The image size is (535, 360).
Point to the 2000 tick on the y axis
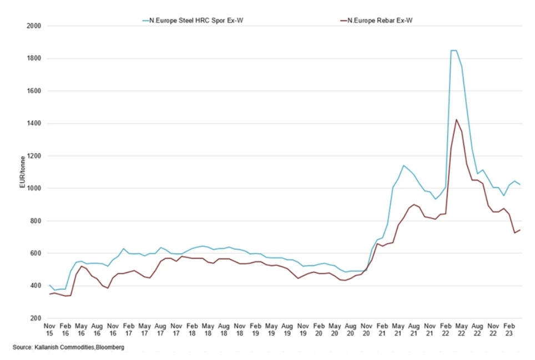34,26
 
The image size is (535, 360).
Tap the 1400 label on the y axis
34,123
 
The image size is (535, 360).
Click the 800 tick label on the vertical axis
36,221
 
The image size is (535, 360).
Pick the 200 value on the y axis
36,318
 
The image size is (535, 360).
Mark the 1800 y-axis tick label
34,58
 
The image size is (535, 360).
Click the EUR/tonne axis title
23,172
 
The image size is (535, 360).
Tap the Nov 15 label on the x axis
49,330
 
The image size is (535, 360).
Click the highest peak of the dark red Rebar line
456,119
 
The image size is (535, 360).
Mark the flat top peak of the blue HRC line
453,50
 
